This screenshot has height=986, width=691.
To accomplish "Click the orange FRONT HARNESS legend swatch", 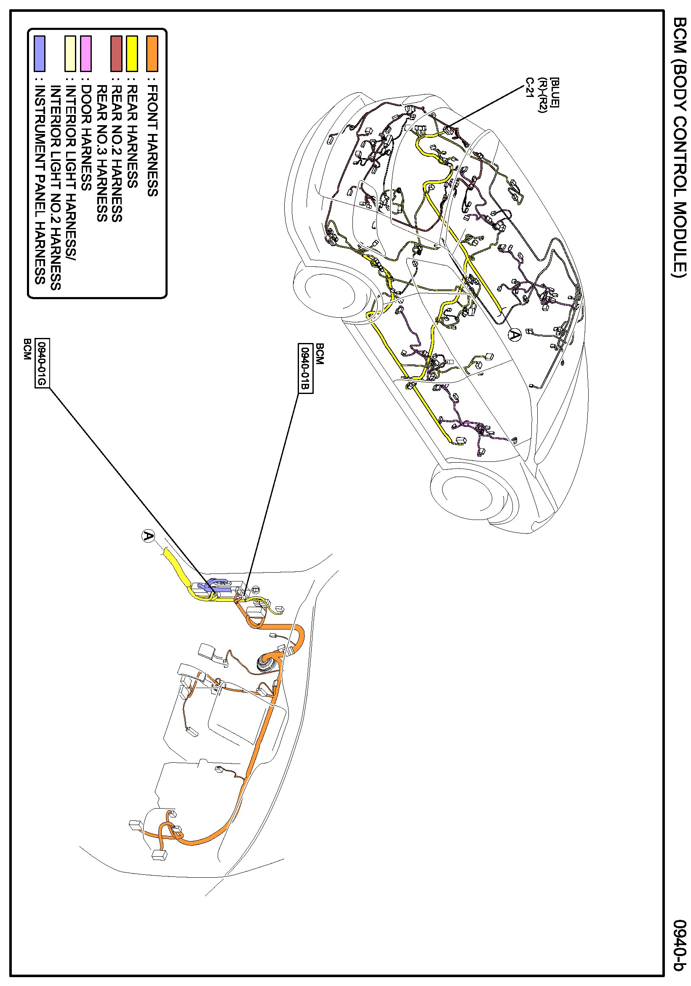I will [152, 53].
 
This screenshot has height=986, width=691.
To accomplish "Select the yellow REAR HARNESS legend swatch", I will [132, 53].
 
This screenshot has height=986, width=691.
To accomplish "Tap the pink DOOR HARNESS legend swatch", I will [86, 53].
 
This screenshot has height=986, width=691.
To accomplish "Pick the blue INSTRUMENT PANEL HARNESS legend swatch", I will [40, 53].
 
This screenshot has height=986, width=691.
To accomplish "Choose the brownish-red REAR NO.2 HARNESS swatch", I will [116, 53].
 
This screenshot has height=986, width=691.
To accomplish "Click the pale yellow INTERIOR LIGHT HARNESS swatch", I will [70, 53].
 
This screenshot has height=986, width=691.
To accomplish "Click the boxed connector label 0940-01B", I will [305, 368].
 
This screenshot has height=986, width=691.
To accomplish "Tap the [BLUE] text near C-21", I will [554, 92].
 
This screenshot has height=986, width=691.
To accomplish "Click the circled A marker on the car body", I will [514, 334].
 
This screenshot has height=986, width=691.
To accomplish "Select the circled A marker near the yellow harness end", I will [148, 536].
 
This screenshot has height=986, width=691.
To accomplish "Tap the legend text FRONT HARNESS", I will [152, 141].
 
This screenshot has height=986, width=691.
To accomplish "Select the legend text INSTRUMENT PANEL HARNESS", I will [40, 185].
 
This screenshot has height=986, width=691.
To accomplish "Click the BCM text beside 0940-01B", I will [320, 354].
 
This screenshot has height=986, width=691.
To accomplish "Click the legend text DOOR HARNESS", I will [86, 138].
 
